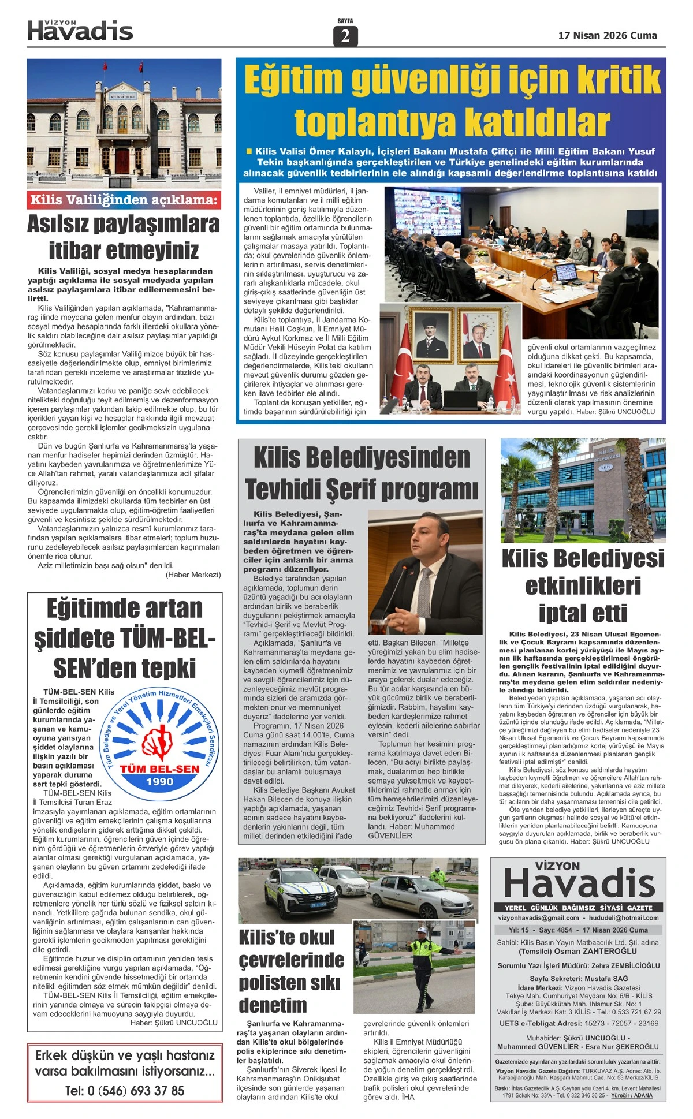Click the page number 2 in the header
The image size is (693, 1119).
pyautogui.click(x=345, y=36)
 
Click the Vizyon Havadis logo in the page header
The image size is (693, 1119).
pyautogui.click(x=80, y=30)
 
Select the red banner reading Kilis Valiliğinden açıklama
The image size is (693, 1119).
pyautogui.click(x=124, y=200)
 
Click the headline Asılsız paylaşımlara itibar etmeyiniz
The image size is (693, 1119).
pyautogui.click(x=124, y=237)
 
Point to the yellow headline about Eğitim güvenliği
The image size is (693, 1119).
pyautogui.click(x=452, y=100)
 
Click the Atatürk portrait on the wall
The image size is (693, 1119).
pyautogui.click(x=434, y=335)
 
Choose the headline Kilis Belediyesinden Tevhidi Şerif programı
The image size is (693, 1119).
pyautogui.click(x=362, y=473)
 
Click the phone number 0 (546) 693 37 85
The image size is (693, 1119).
pyautogui.click(x=125, y=1091)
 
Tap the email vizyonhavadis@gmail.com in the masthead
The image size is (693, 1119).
pyautogui.click(x=538, y=917)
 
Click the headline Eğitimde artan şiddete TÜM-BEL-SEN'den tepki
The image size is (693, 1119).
pyautogui.click(x=124, y=638)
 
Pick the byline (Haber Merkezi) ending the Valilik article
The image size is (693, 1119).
pyautogui.click(x=193, y=575)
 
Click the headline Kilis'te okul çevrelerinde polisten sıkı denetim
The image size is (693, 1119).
pyautogui.click(x=292, y=971)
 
